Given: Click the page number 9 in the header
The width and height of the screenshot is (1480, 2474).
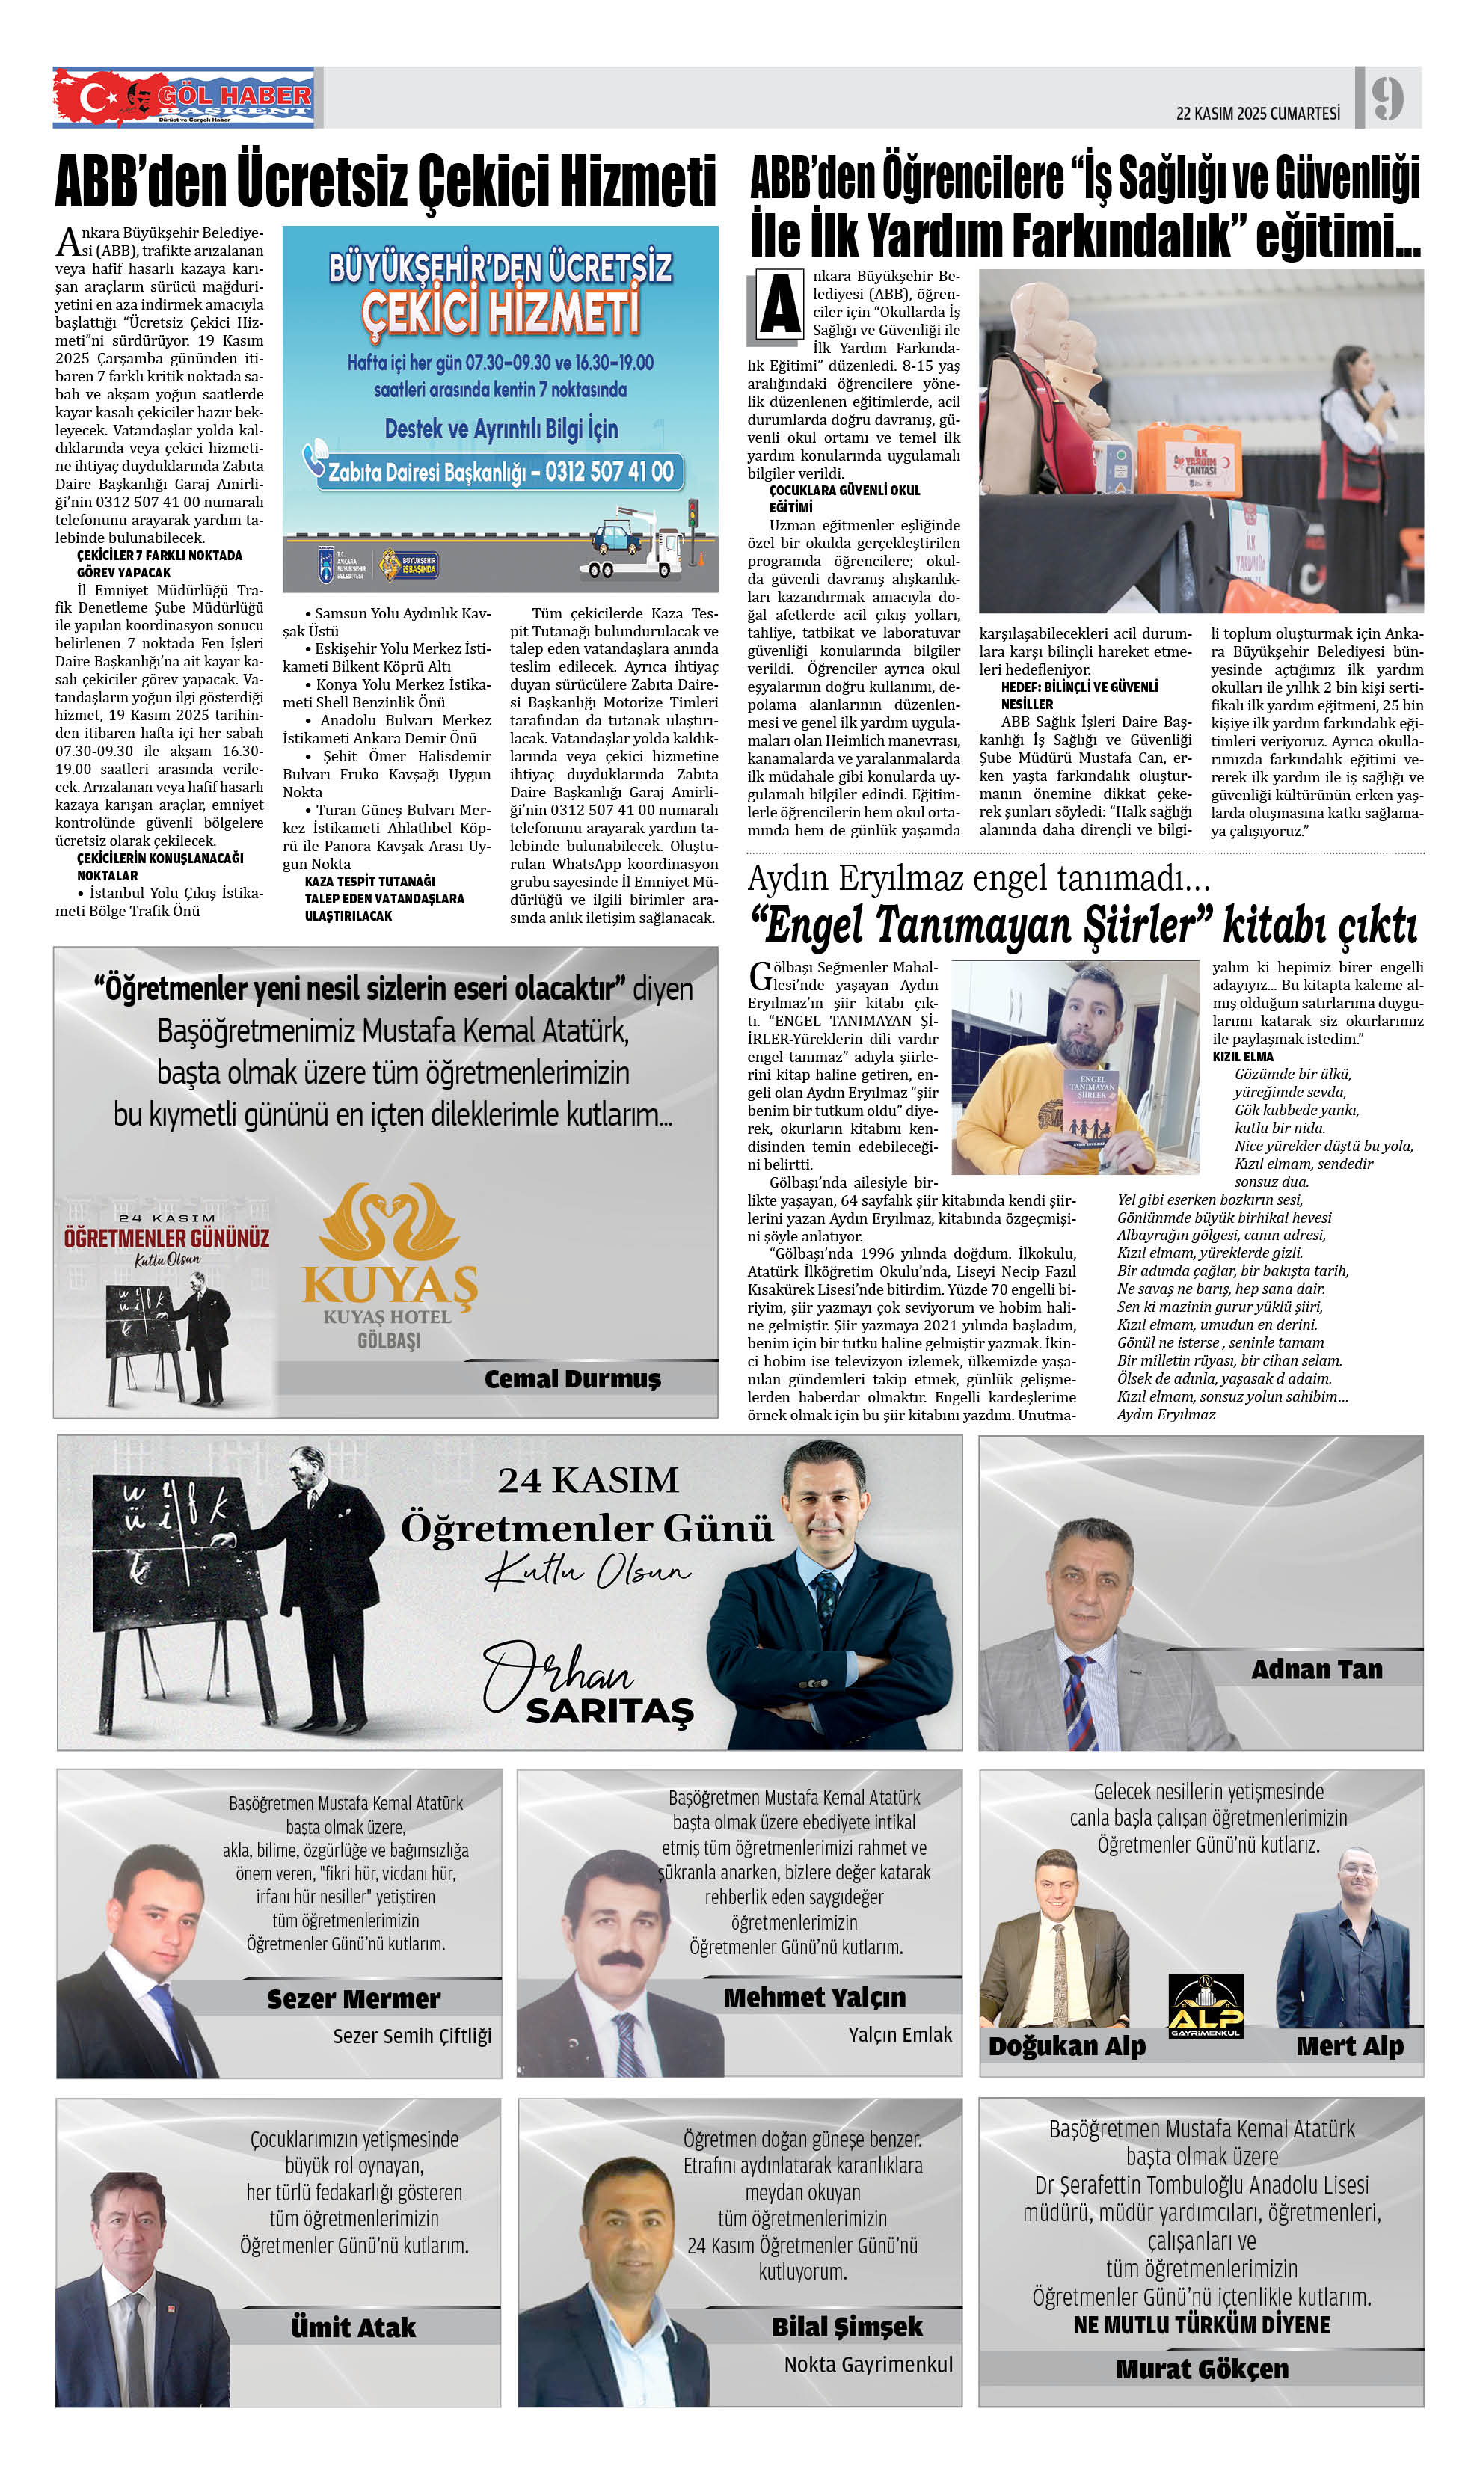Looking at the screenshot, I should (x=1387, y=98).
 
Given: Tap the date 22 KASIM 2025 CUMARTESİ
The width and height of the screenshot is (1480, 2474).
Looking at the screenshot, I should (x=1258, y=114).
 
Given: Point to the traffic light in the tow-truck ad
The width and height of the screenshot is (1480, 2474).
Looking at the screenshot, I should (x=692, y=515).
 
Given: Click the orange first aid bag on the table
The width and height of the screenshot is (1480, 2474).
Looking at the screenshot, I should (x=1188, y=460).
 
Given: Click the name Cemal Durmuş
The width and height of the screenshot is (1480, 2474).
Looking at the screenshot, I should (x=572, y=1379).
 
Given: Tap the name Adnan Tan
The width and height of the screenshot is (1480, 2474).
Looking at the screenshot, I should (x=1316, y=1669).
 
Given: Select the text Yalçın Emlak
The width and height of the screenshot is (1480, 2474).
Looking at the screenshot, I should (x=900, y=2034).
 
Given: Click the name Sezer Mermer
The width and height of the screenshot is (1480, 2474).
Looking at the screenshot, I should (x=353, y=1998).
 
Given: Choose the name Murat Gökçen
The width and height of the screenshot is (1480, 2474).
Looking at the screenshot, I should (x=1202, y=2369).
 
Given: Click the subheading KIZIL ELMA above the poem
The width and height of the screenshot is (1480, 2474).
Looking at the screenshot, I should (x=1243, y=1056).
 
